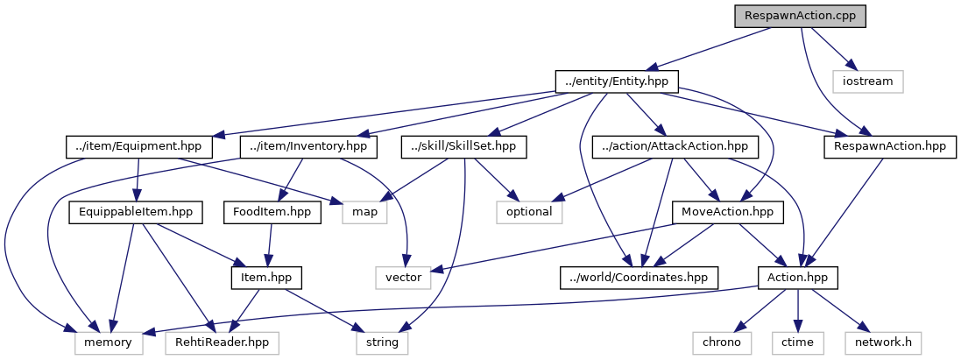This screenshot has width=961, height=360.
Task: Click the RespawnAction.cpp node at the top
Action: pyautogui.click(x=799, y=16)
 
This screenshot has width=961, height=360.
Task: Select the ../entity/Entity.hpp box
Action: pyautogui.click(x=616, y=81)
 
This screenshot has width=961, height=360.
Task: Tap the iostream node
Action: pyautogui.click(x=867, y=81)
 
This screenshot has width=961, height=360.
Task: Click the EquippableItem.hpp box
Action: pyautogui.click(x=135, y=212)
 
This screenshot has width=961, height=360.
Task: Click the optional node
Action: pyautogui.click(x=529, y=212)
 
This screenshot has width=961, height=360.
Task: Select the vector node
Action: pyautogui.click(x=403, y=278)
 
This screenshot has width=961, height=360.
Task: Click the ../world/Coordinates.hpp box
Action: pyautogui.click(x=639, y=278)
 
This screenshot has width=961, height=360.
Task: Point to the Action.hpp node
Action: pyautogui.click(x=797, y=278)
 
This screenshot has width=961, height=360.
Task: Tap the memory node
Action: pyautogui.click(x=109, y=342)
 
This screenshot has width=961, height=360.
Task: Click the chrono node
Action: pyautogui.click(x=722, y=342)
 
